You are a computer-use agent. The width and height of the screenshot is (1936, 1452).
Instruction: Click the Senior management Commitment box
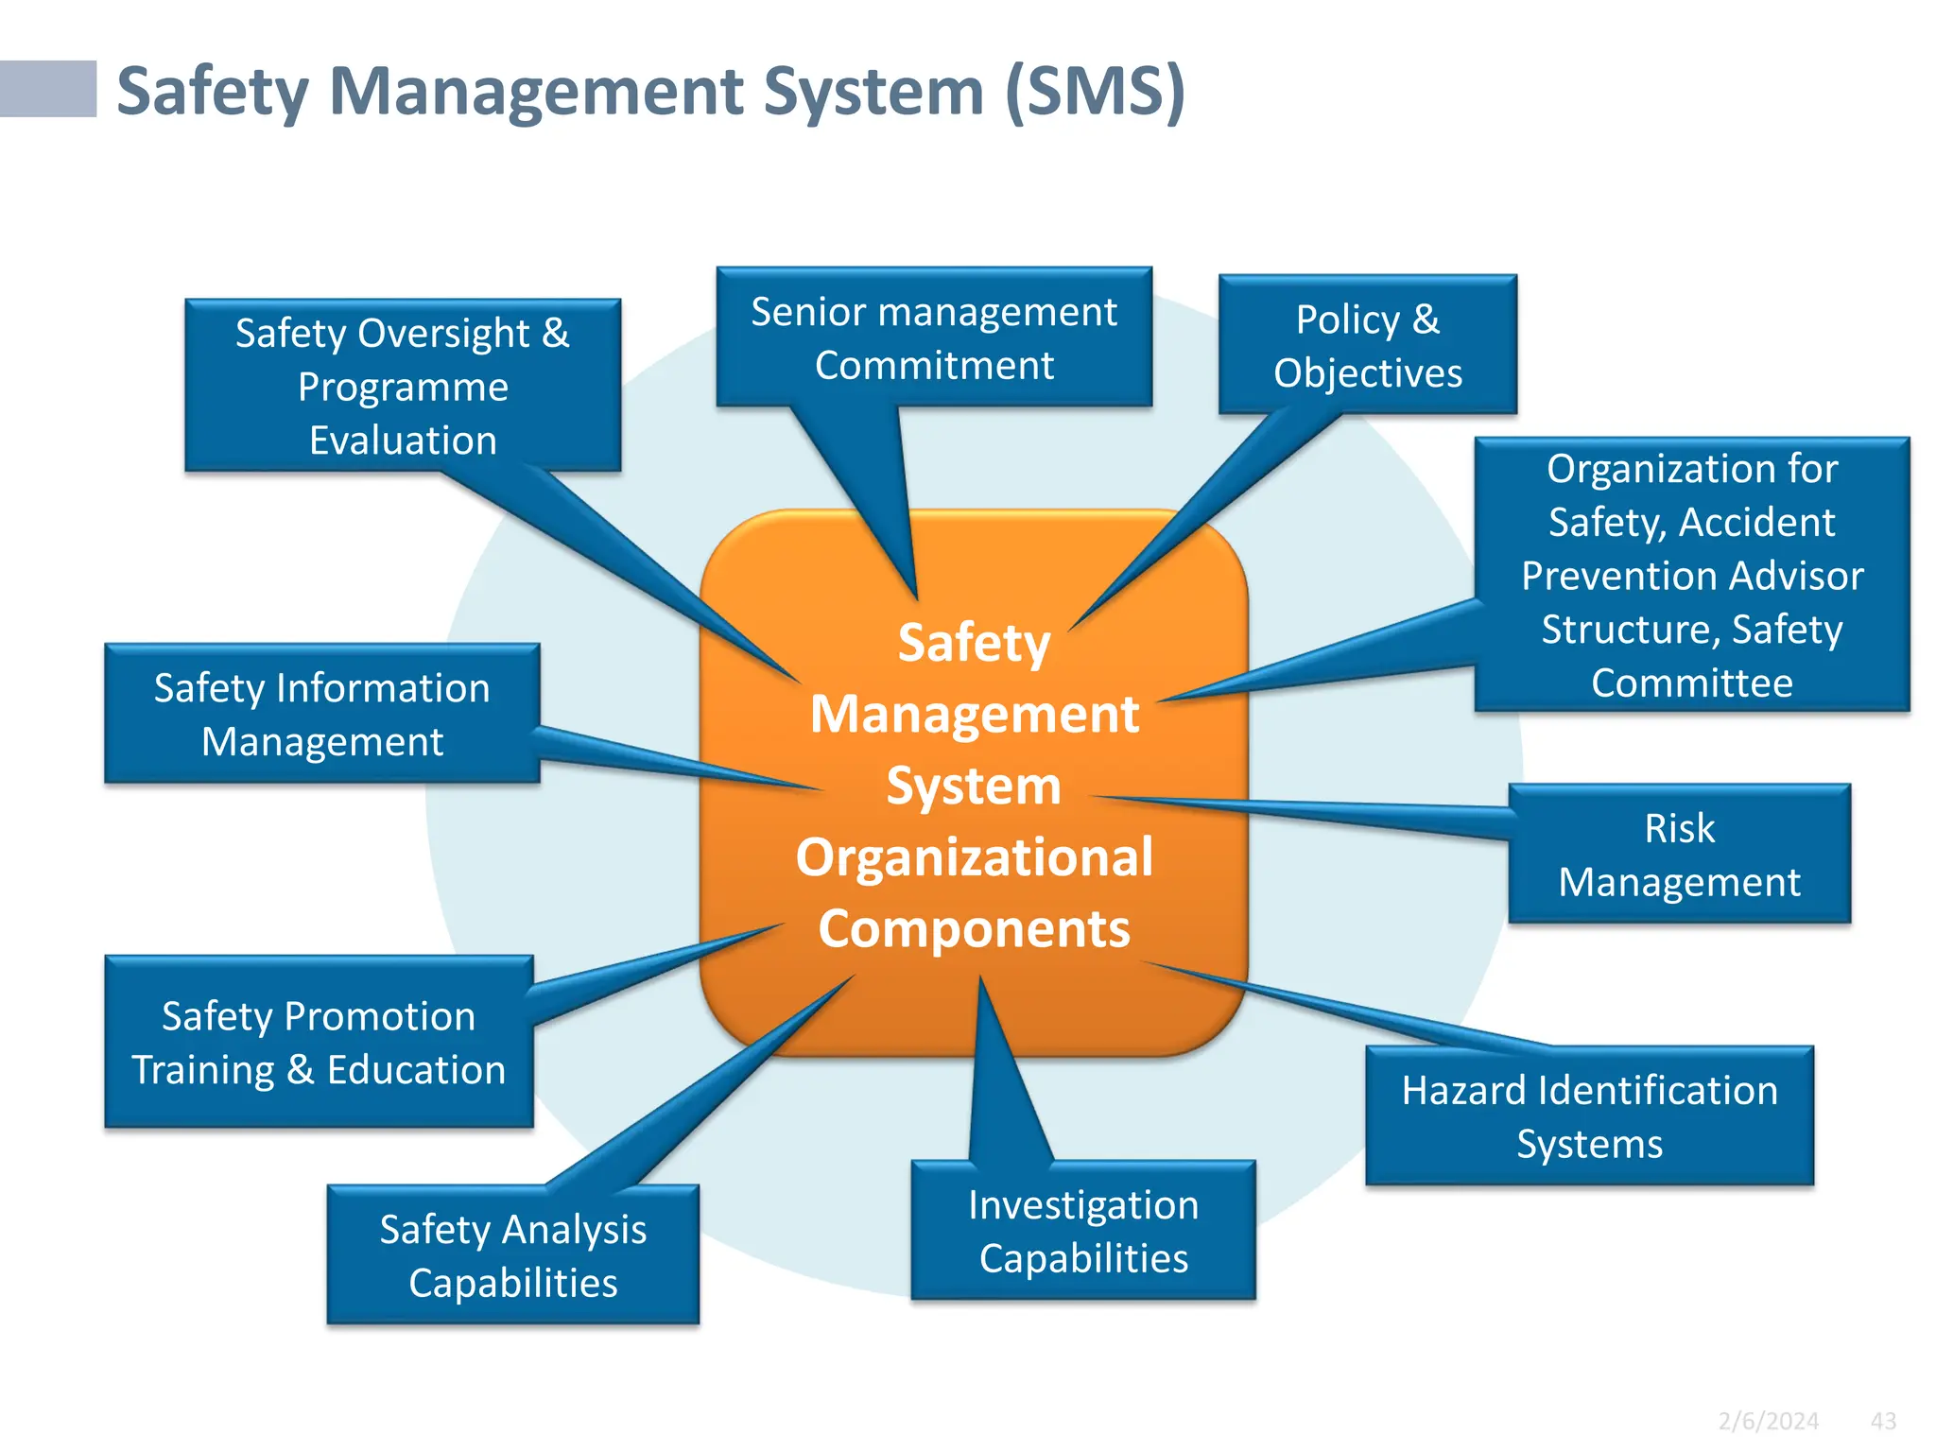point(934,337)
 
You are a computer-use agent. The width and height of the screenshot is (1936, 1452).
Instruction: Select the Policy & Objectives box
point(1367,345)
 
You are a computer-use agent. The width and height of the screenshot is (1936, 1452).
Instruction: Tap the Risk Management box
point(1679,855)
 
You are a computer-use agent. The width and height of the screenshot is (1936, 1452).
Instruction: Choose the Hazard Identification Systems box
point(1589,1116)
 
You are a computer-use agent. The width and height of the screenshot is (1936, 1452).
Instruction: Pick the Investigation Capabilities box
point(1083,1231)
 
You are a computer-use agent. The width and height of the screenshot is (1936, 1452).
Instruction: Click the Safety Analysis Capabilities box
point(512,1255)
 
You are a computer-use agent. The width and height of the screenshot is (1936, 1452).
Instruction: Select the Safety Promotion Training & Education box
point(319,1042)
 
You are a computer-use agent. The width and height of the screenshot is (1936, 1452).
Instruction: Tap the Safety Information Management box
point(321,714)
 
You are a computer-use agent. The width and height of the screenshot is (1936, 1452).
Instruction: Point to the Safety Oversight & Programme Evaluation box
point(403,386)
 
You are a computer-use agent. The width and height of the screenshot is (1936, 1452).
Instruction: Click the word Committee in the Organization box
point(1691,683)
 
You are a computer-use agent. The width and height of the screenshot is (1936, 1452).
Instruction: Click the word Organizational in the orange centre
point(974,856)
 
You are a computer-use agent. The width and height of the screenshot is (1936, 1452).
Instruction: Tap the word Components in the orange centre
point(974,928)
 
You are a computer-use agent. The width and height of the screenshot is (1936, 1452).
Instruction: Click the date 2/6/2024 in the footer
point(1768,1421)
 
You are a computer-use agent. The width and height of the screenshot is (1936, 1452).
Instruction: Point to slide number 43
point(1883,1421)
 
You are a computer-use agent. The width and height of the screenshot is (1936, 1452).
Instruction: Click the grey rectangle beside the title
point(47,89)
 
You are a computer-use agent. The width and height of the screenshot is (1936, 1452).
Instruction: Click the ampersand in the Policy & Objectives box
point(1426,320)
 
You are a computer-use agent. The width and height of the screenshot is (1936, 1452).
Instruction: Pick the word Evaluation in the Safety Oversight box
point(403,441)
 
